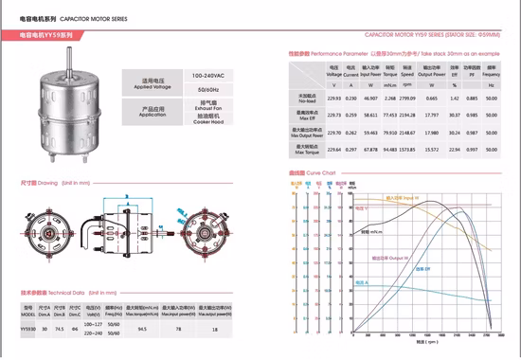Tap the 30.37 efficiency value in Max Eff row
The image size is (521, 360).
click(455, 115)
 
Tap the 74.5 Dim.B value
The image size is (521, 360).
click(60, 328)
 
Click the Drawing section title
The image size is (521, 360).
click(40, 182)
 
